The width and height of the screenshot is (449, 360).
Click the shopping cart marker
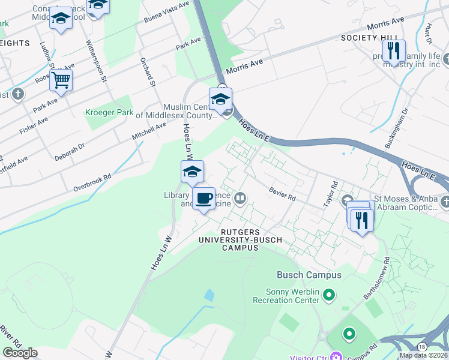61,80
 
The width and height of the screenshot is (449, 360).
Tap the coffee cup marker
203,199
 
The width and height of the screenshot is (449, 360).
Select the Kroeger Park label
109,112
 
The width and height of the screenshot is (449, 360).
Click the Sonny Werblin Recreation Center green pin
328,295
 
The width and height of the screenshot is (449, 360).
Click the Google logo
20,353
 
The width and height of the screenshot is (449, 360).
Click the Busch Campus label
309,275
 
